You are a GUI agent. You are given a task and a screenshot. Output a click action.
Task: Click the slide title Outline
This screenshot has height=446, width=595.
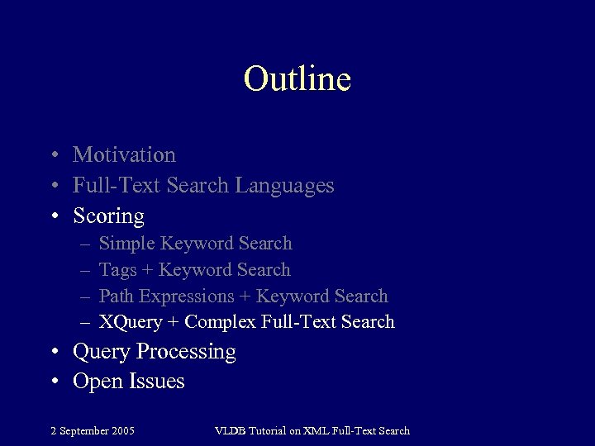click(x=297, y=78)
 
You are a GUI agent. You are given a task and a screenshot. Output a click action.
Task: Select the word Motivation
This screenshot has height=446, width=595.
click(x=124, y=154)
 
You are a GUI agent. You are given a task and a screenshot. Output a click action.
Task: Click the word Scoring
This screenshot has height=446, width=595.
click(x=108, y=216)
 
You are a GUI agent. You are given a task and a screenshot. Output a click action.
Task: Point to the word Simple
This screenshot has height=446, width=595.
click(x=126, y=244)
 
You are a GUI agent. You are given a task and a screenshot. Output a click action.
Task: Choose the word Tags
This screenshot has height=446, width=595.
click(x=117, y=270)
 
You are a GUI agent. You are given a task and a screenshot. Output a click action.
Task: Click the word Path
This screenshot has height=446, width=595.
click(x=117, y=296)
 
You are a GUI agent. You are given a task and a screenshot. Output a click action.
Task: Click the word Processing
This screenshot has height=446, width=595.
click(x=186, y=352)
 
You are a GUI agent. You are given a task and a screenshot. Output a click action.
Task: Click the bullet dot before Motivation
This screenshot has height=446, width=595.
click(x=54, y=155)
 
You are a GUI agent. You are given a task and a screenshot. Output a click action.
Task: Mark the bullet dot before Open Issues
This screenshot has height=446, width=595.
click(x=54, y=382)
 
